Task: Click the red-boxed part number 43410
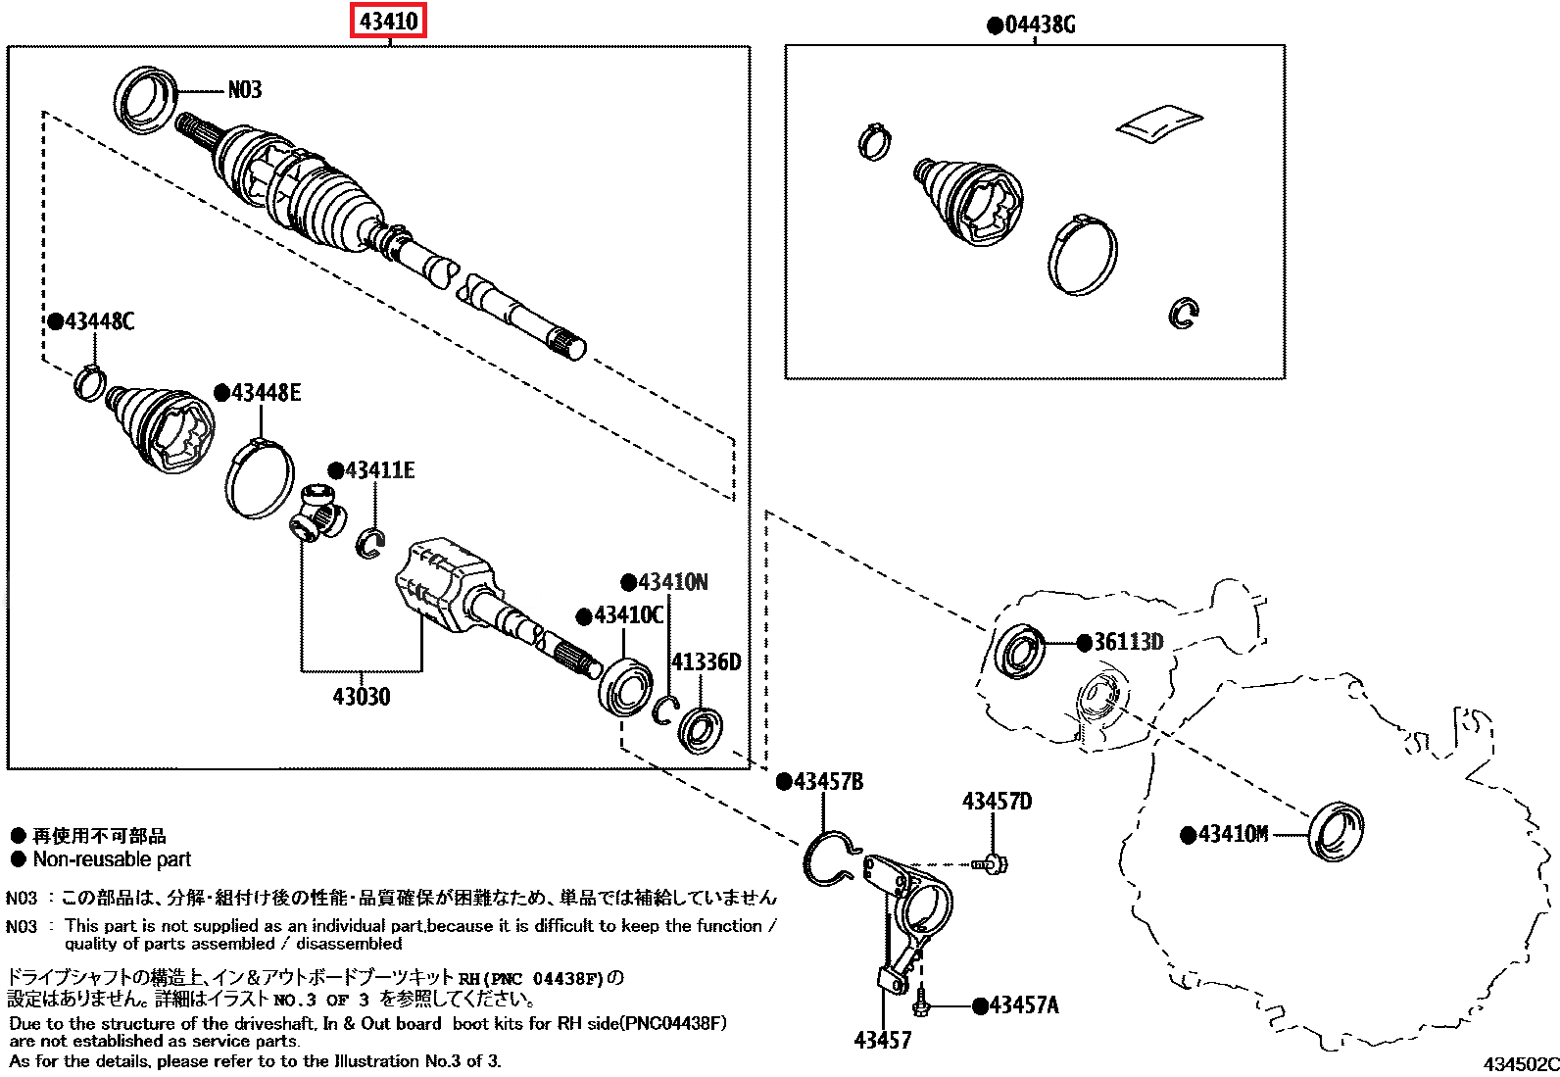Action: pos(388,21)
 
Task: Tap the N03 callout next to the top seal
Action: pos(245,90)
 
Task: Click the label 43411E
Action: pos(379,470)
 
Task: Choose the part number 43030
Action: pos(361,697)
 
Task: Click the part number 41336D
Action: pos(706,662)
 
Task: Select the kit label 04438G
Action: pos(1040,25)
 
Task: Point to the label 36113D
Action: pos(1128,643)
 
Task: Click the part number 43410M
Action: pos(1233,834)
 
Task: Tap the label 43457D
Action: pos(997,802)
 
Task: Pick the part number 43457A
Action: pos(1023,1005)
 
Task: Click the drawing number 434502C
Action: pos(1520,1064)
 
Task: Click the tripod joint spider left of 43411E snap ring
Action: pos(318,512)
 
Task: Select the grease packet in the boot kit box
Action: pos(1158,122)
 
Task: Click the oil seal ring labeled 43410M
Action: pos(1336,832)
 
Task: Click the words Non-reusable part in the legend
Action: pos(112,859)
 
